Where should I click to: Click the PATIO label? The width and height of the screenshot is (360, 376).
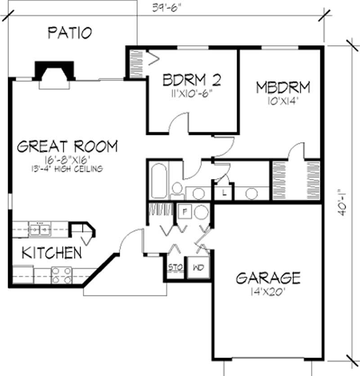pyautogui.click(x=70, y=32)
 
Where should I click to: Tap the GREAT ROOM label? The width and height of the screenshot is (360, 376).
pyautogui.click(x=67, y=147)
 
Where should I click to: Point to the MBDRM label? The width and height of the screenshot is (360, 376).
pyautogui.click(x=283, y=86)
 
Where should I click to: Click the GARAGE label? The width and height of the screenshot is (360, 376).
pyautogui.click(x=268, y=278)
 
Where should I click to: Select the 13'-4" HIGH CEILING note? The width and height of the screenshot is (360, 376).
pyautogui.click(x=68, y=169)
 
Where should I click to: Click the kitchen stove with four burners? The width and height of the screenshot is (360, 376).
pyautogui.click(x=62, y=275)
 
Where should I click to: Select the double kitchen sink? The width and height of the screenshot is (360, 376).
pyautogui.click(x=40, y=229)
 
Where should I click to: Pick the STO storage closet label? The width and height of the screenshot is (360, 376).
pyautogui.click(x=175, y=268)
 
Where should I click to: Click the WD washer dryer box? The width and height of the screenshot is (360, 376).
pyautogui.click(x=198, y=268)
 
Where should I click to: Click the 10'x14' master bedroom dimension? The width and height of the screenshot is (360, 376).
pyautogui.click(x=284, y=99)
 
